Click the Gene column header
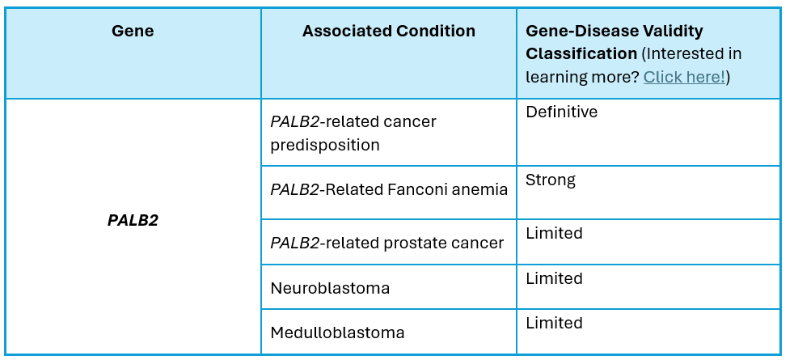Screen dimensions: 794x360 (x=133, y=31)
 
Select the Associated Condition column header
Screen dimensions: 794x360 (x=389, y=31)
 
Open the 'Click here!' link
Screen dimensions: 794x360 (x=684, y=77)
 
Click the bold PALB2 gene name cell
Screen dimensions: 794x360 (x=133, y=220)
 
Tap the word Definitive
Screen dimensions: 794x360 (x=562, y=112)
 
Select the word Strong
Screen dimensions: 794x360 (x=551, y=180)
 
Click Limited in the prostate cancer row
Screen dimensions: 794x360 (x=554, y=233)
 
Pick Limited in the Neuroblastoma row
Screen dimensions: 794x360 (x=554, y=278)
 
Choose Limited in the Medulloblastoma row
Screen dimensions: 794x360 (x=554, y=323)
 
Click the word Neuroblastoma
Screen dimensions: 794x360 (x=330, y=288)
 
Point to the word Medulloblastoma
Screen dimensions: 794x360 (x=337, y=332)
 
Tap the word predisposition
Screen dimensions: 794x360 (x=325, y=146)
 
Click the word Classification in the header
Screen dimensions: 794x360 (x=581, y=53)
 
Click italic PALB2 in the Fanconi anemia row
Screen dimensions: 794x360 (x=294, y=189)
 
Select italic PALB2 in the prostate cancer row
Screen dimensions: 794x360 (x=294, y=243)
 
